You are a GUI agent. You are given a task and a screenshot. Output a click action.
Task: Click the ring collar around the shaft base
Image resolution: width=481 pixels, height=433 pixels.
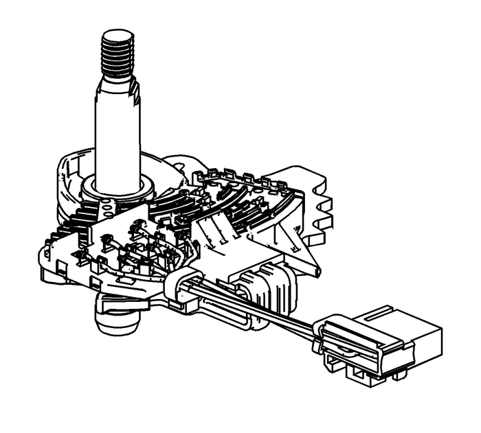(116, 187)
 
